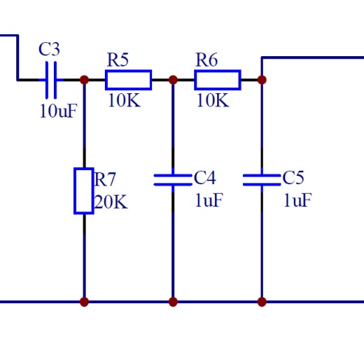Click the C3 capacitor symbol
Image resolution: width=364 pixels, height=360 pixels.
51,80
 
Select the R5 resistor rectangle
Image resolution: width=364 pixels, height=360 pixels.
128,80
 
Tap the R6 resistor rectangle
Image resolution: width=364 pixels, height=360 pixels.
218,80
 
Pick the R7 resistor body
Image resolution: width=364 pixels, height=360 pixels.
84,191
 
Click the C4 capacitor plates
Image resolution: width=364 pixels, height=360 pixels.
173,180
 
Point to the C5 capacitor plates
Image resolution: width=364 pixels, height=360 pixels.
262,180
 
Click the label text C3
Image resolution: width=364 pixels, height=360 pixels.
49,49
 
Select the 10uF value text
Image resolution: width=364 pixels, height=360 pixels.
58,111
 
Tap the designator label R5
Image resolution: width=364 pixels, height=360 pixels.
118,60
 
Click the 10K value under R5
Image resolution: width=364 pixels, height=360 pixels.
124,101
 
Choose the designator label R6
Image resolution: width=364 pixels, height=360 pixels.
207,60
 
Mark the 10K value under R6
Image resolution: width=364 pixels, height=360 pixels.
213,101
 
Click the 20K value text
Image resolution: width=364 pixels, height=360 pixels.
111,202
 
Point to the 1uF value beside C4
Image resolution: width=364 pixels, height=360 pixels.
209,200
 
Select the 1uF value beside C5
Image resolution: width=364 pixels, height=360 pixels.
298,200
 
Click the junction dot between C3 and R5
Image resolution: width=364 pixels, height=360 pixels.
84,80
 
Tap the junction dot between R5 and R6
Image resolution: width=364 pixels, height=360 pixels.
173,80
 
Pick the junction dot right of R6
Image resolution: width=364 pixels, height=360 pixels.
262,80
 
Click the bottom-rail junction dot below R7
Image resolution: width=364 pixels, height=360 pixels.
84,302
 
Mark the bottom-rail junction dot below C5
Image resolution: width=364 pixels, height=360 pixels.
262,302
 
